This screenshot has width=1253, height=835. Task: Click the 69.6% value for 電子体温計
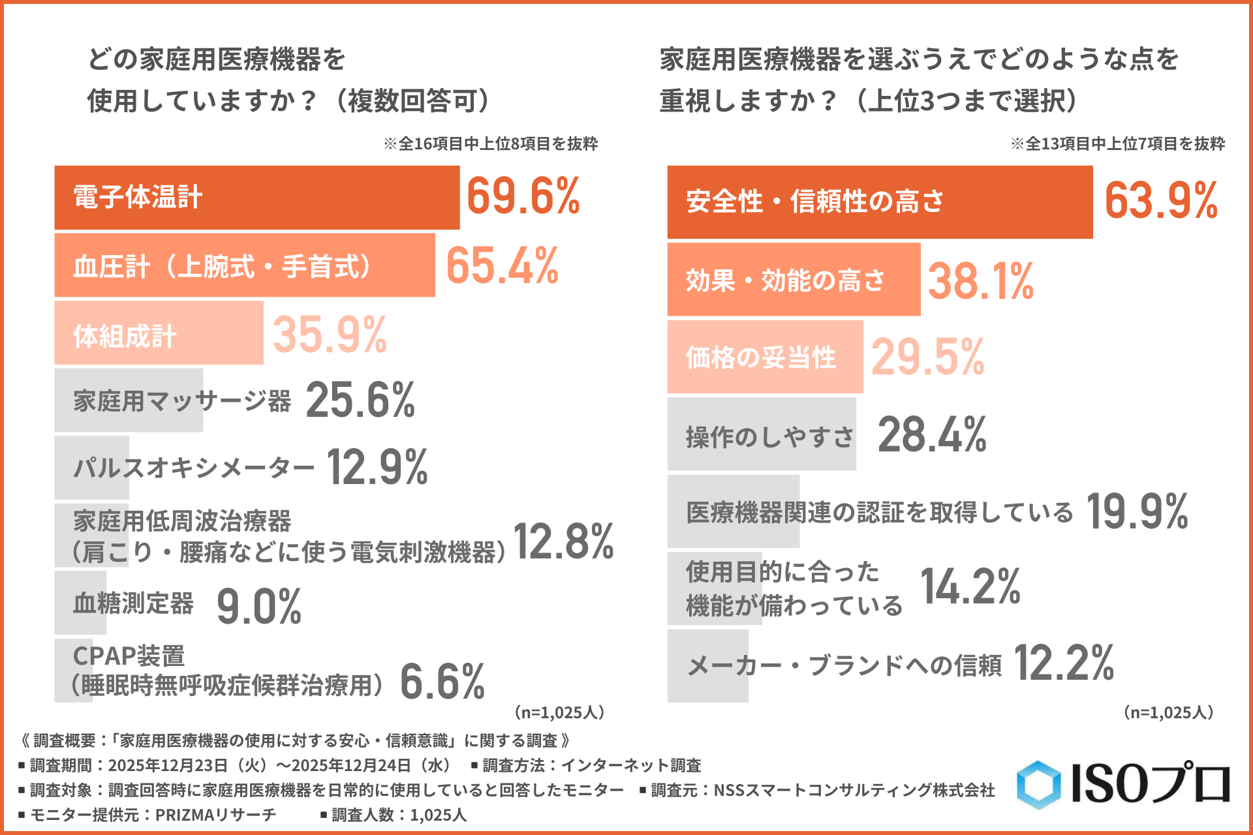pyautogui.click(x=523, y=196)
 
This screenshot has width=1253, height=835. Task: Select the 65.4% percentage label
pyautogui.click(x=503, y=266)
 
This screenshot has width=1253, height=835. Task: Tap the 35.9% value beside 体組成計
pyautogui.click(x=330, y=335)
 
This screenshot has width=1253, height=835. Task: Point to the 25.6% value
pyautogui.click(x=360, y=400)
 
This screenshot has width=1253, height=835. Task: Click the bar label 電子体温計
pyautogui.click(x=138, y=197)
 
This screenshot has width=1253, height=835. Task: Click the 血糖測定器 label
pyautogui.click(x=133, y=603)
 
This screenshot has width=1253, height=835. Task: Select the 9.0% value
pyautogui.click(x=259, y=607)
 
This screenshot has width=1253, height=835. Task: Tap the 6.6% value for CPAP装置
pyautogui.click(x=442, y=682)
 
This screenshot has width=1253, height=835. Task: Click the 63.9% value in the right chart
pyautogui.click(x=1161, y=201)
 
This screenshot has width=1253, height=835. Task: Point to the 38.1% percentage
pyautogui.click(x=981, y=282)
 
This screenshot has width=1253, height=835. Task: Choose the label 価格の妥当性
pyautogui.click(x=761, y=357)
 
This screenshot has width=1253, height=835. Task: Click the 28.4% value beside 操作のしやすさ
pyautogui.click(x=932, y=435)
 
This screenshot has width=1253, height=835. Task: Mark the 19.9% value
pyautogui.click(x=1137, y=512)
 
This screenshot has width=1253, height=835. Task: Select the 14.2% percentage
pyautogui.click(x=970, y=586)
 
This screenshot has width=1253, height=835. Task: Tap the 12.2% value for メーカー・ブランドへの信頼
pyautogui.click(x=1064, y=663)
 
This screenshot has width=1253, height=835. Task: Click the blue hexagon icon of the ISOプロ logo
pyautogui.click(x=1039, y=785)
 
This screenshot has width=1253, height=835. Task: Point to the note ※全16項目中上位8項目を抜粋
pyautogui.click(x=491, y=144)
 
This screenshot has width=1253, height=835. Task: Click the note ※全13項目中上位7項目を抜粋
pyautogui.click(x=1118, y=144)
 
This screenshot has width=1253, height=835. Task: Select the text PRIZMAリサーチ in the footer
pyautogui.click(x=215, y=815)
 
